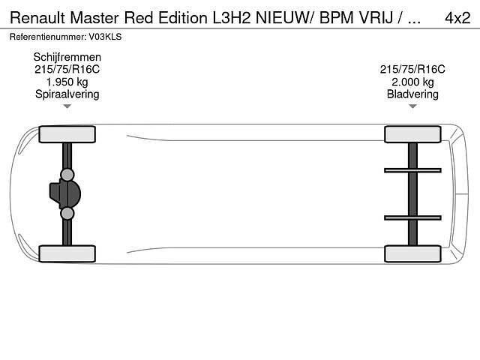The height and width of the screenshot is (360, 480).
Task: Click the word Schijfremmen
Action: (x=67, y=57)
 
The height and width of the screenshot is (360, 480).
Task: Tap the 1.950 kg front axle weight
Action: (x=67, y=82)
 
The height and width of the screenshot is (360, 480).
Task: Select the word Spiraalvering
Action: (x=67, y=94)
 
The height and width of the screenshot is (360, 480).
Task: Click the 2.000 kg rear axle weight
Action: (x=412, y=82)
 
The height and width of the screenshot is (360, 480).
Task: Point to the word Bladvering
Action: (x=412, y=94)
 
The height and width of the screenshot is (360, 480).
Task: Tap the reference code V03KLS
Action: (x=105, y=37)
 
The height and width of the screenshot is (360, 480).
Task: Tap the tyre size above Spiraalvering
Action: (x=67, y=69)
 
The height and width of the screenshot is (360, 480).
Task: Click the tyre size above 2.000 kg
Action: (x=412, y=69)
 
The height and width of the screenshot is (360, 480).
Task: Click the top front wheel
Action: (x=67, y=134)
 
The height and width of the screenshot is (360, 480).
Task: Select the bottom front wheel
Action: (x=67, y=253)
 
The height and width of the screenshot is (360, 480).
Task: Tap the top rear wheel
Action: (x=412, y=134)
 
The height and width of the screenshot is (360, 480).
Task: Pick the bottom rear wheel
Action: (x=412, y=253)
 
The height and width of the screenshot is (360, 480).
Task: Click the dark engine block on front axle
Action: (x=62, y=193)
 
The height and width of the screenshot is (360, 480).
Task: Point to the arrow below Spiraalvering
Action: (x=67, y=106)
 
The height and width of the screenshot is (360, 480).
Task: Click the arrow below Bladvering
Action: (x=412, y=106)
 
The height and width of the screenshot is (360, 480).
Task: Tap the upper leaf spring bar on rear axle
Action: (x=412, y=170)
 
